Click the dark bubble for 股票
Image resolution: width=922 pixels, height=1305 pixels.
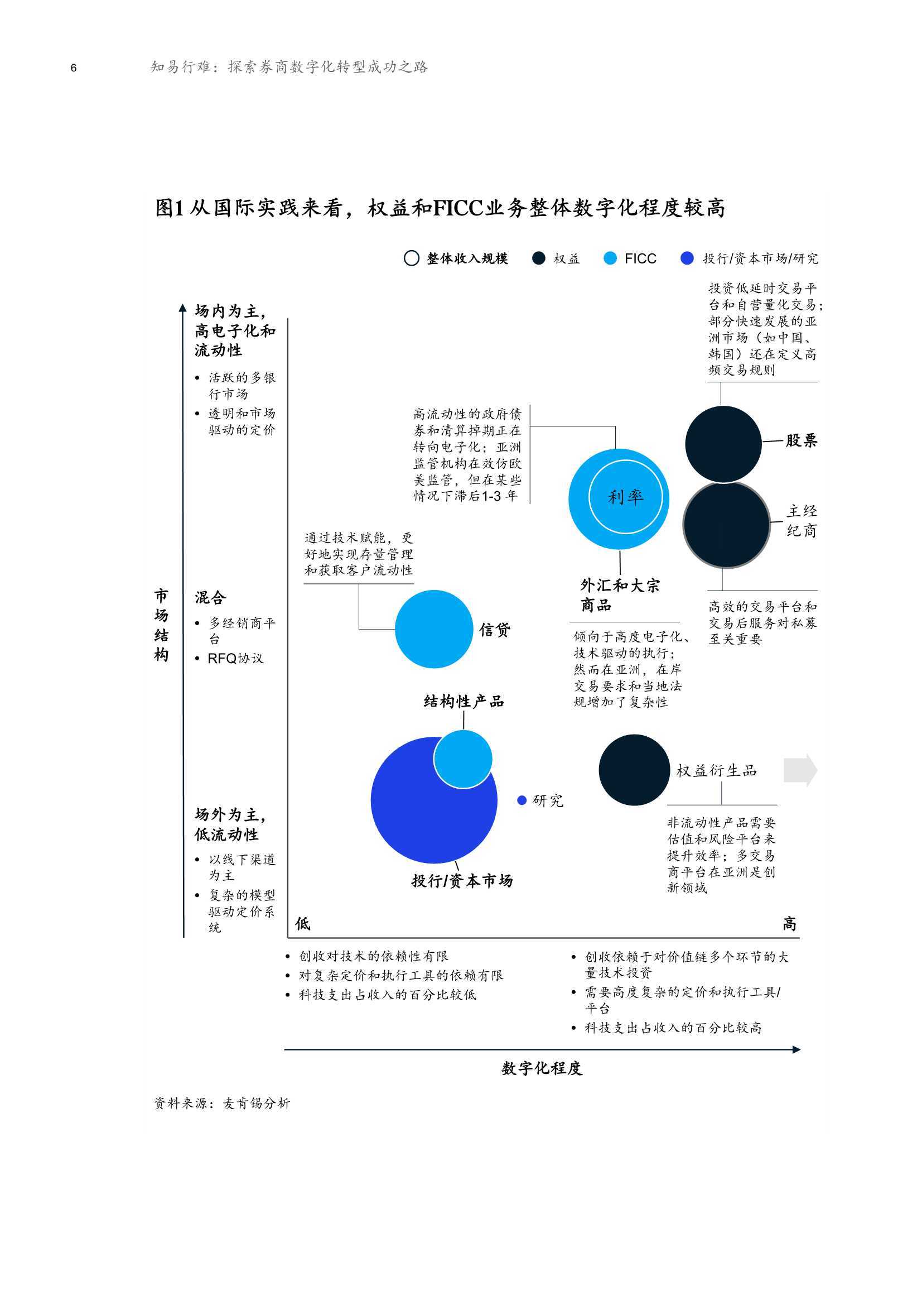pos(723,444)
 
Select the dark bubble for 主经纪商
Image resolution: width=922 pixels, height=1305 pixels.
pos(726,525)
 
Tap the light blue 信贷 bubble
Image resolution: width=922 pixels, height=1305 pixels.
pos(434,629)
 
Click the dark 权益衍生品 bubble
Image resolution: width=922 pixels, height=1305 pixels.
pos(634,770)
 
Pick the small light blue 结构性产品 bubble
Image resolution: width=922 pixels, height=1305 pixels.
pos(463,759)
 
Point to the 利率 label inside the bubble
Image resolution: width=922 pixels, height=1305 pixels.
pos(625,497)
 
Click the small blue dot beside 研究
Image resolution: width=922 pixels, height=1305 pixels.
pos(522,800)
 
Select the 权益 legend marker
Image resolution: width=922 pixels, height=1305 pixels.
pos(539,258)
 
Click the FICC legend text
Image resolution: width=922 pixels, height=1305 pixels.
pos(640,258)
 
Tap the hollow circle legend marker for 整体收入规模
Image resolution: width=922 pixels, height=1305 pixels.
pos(411,258)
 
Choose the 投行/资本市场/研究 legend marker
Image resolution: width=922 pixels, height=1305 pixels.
pos(687,258)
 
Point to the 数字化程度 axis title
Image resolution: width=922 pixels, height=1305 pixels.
pos(542,1068)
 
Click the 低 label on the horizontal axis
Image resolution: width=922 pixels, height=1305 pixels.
pos(303,924)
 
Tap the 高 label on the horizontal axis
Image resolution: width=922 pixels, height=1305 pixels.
pos(789,924)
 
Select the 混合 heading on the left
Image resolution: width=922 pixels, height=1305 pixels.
pos(210,597)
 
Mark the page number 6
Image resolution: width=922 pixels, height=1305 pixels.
pos(73,68)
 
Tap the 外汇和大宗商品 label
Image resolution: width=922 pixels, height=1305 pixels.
pos(620,595)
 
